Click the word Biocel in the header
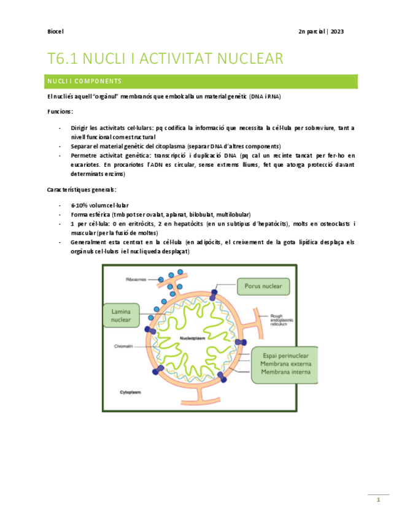[x=55, y=32]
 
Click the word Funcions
[x=60, y=112]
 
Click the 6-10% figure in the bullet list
[x=79, y=205]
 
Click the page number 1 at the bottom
[x=379, y=500]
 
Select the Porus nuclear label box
[x=262, y=286]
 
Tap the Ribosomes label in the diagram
[x=136, y=279]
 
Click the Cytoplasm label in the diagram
[x=131, y=391]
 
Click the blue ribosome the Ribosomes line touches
[x=161, y=280]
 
